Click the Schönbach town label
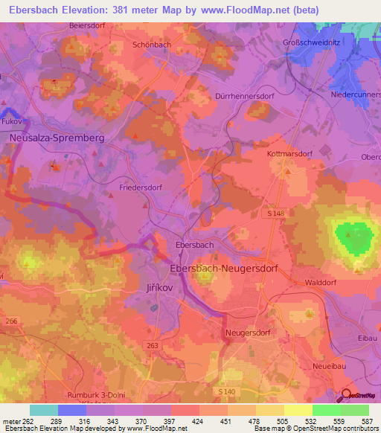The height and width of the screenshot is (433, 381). click(x=153, y=44)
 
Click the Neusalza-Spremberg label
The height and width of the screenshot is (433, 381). click(x=57, y=138)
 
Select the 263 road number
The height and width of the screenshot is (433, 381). click(x=153, y=345)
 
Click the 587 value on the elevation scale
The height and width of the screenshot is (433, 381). click(x=368, y=420)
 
